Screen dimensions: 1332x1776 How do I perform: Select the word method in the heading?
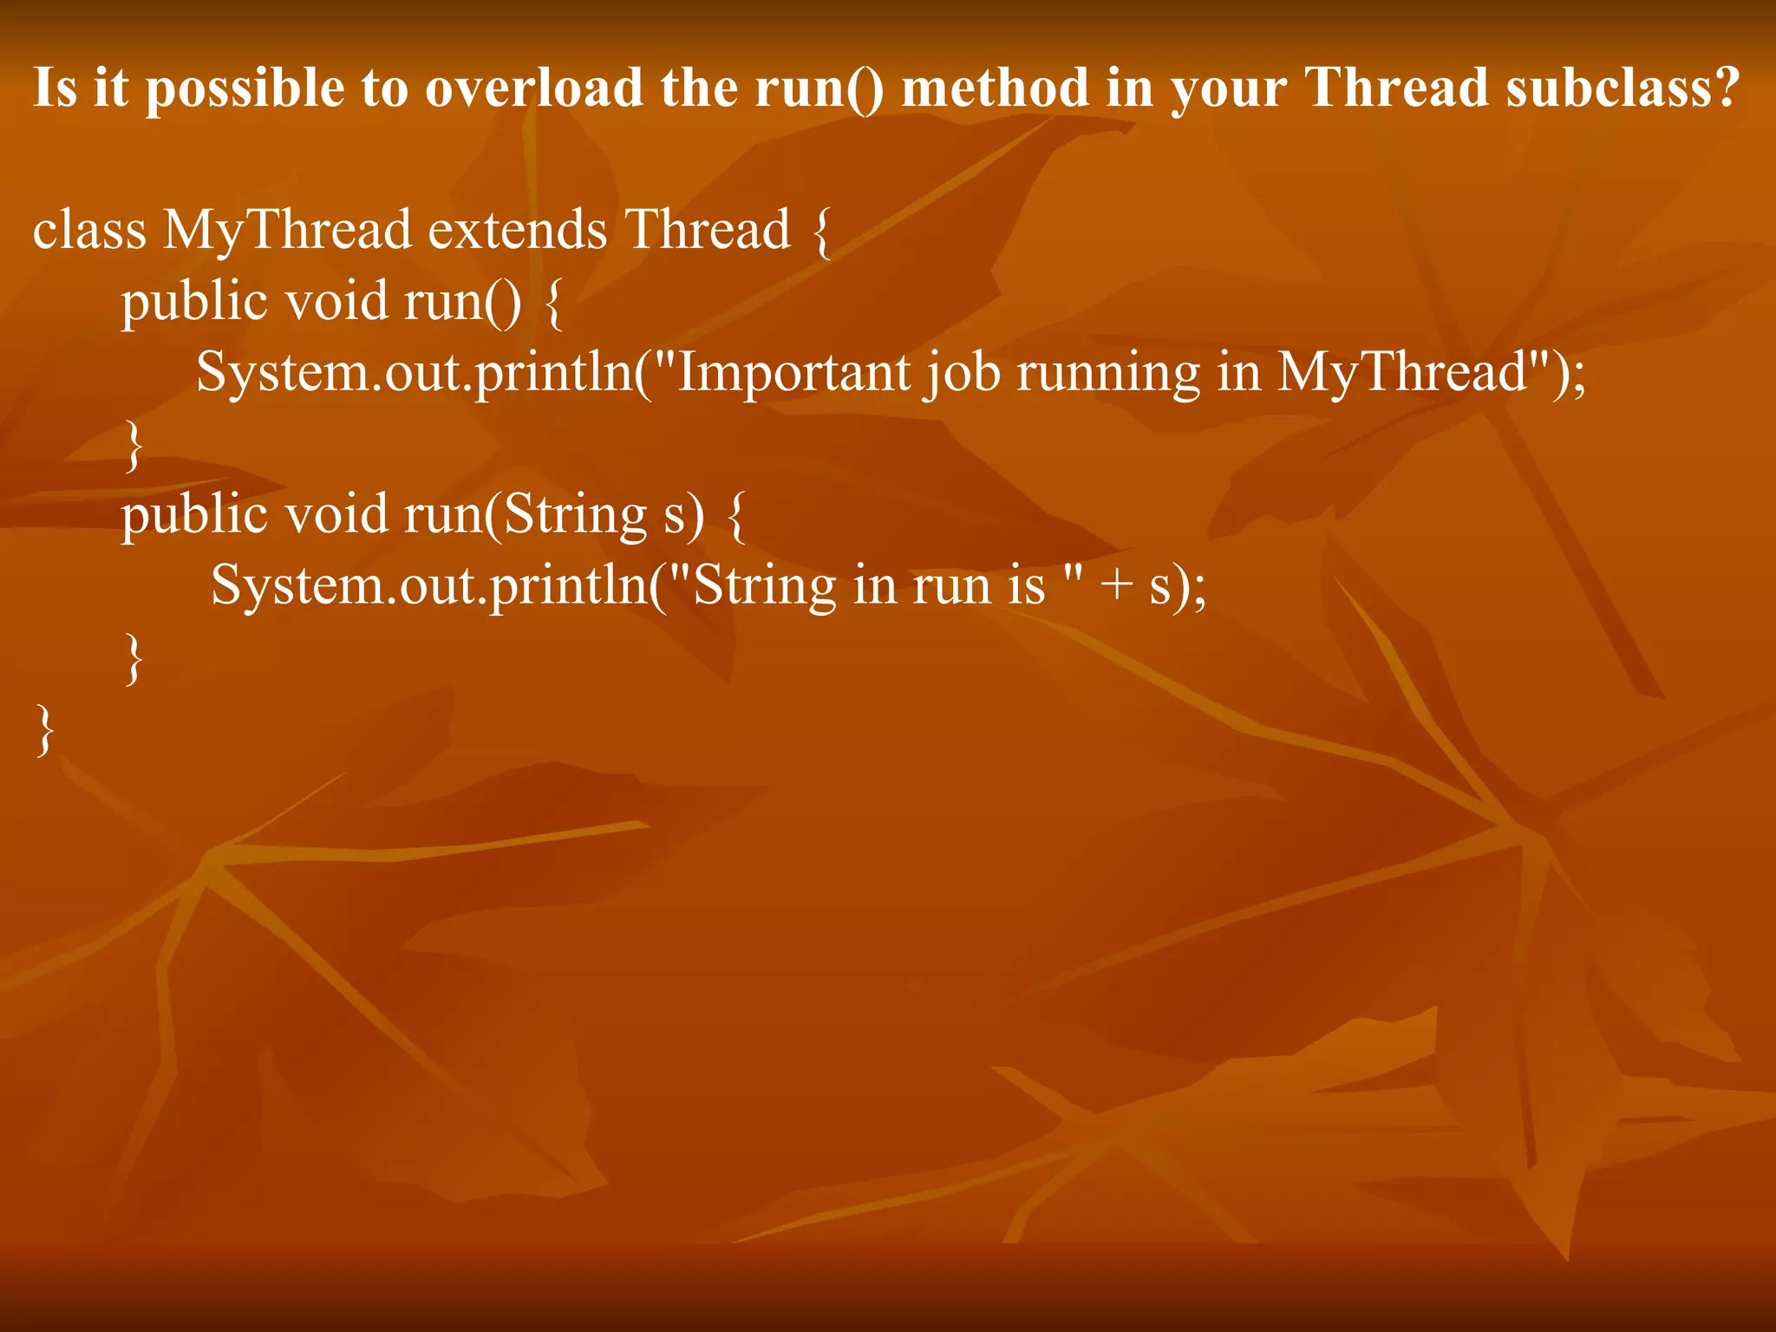995,88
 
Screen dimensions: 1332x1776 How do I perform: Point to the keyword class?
89,230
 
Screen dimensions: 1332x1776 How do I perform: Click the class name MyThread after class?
287,232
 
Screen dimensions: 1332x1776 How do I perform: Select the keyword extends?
518,230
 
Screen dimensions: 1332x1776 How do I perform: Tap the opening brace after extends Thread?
822,232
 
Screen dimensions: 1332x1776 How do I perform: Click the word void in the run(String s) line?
336,514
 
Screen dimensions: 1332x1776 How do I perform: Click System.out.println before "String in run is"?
430,586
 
